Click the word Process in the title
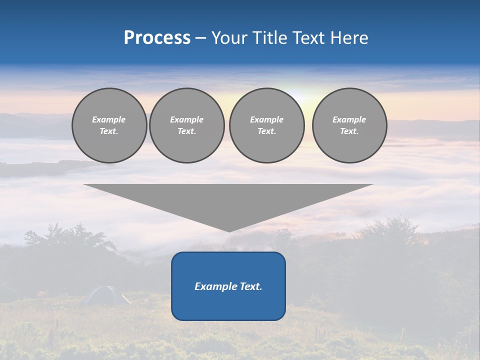click(157, 38)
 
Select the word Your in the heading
click(230, 38)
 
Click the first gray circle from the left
click(109, 125)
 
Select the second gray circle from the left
click(186, 125)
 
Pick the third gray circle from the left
click(266, 125)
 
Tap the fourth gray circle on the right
click(349, 125)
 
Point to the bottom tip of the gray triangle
click(229, 231)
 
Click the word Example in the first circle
click(109, 119)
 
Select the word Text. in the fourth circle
click(349, 131)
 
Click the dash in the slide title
click(200, 38)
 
